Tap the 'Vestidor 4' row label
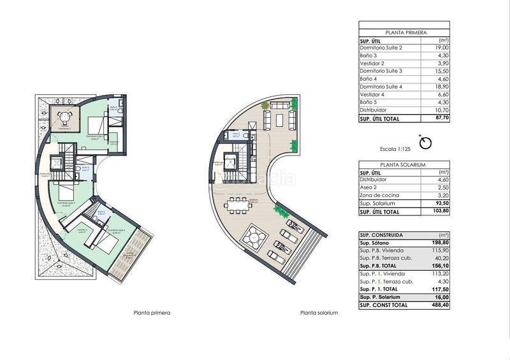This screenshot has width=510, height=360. click(374, 94)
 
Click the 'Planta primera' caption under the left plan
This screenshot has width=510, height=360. click(152, 313)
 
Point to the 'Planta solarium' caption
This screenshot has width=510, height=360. click(319, 313)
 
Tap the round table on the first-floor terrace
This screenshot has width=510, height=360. click(64, 117)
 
